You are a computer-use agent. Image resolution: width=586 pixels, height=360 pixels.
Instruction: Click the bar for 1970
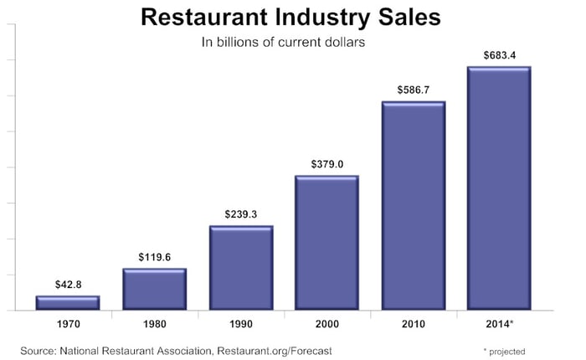click(x=68, y=302)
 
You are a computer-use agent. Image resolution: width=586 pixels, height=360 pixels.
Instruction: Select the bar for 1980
click(x=154, y=289)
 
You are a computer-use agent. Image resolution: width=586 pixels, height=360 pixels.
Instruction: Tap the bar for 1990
click(x=241, y=268)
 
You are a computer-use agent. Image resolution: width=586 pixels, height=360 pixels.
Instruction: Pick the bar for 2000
click(x=326, y=243)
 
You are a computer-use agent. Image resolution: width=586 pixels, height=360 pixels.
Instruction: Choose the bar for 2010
click(x=414, y=206)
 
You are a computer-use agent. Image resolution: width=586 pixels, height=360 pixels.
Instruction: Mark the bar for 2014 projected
click(x=499, y=188)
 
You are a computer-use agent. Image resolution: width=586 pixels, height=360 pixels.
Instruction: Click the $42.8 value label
click(x=68, y=285)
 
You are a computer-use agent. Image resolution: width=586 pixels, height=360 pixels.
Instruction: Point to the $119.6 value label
click(x=154, y=257)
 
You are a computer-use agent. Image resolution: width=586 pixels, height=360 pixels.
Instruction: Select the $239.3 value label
click(x=241, y=214)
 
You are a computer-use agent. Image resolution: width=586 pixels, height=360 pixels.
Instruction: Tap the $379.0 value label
click(x=326, y=164)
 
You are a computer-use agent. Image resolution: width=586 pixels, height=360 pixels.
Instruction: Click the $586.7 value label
click(x=414, y=90)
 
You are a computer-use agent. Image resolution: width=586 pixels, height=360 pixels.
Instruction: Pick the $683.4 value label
click(x=499, y=55)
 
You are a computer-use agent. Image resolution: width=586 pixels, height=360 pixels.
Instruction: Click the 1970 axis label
click(x=68, y=323)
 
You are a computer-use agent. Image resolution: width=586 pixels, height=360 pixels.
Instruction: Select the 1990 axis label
click(x=241, y=323)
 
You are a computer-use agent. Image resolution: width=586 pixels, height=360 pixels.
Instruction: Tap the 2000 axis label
click(x=326, y=323)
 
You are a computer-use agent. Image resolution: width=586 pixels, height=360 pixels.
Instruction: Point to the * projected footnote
click(x=504, y=351)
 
